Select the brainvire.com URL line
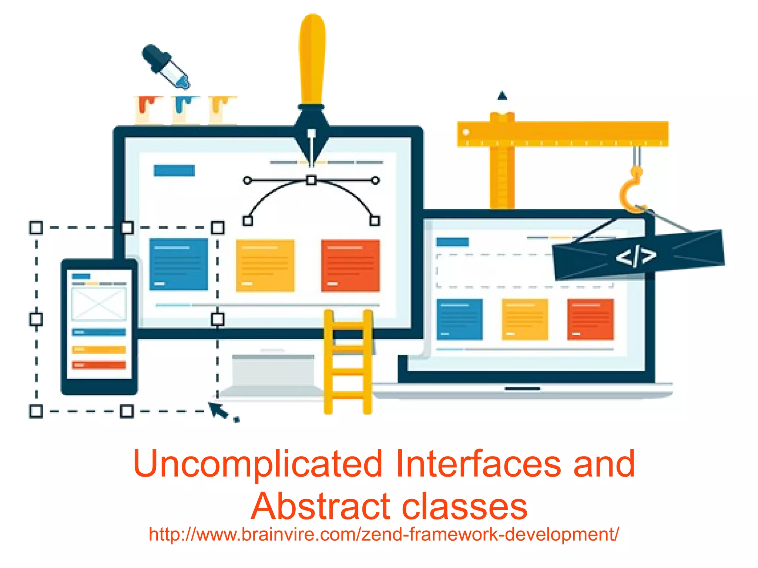coord(383,534)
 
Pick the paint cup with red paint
coord(149,110)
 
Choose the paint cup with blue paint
coord(186,110)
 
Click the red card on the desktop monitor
coord(350,265)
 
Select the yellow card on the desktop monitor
coord(265,265)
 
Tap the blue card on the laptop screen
coord(460,319)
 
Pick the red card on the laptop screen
coord(590,319)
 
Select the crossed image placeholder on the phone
coord(99,304)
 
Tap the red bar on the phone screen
coord(99,365)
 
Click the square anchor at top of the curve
coord(311,180)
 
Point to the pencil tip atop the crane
coord(502,96)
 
